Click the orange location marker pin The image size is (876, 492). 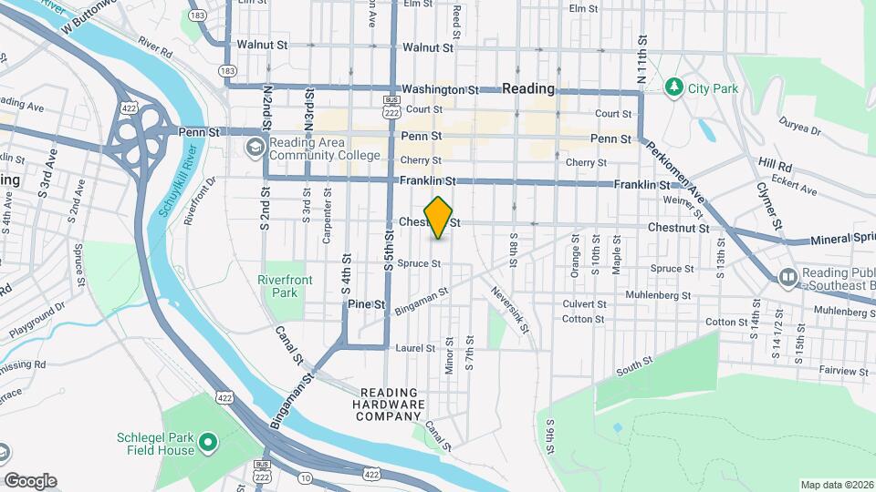coord(439,218)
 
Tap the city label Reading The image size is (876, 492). coord(528,89)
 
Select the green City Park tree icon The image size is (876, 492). coord(674,87)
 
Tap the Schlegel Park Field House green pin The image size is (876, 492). coord(208,443)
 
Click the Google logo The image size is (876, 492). coord(30,480)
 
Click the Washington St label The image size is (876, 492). coord(441,90)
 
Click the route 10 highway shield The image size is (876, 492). coord(305,478)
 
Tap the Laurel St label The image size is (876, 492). coord(412,347)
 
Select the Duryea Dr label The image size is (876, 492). coord(801,125)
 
